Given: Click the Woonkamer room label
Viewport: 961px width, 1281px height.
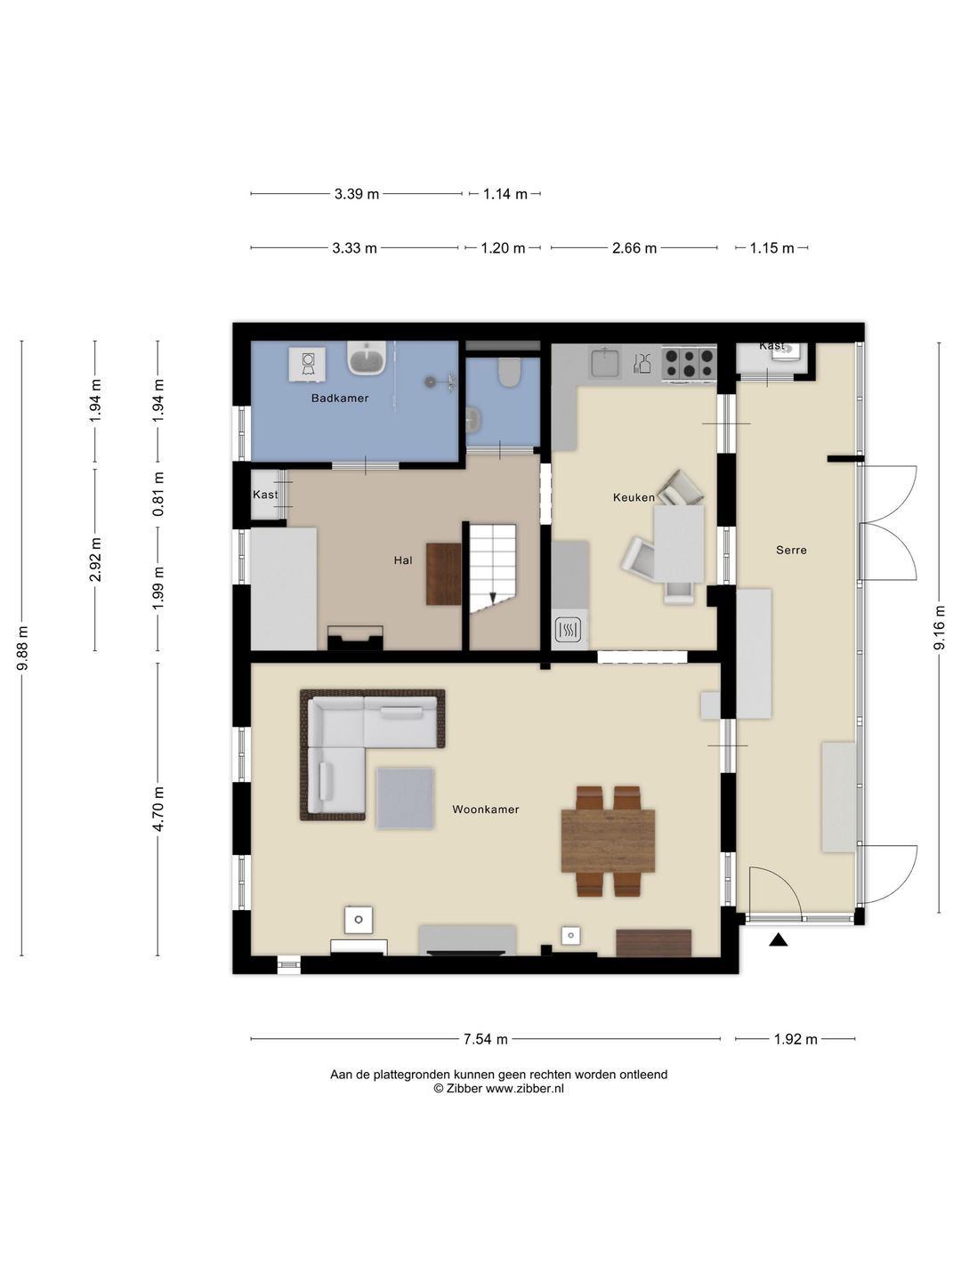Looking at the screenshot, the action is (x=486, y=810).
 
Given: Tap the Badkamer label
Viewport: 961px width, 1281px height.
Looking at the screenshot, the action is (x=340, y=398).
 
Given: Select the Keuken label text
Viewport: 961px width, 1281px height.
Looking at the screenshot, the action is (x=634, y=497).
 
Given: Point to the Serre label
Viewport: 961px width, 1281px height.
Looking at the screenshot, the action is (x=791, y=550).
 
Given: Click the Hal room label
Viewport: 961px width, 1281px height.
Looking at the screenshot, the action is (x=403, y=560).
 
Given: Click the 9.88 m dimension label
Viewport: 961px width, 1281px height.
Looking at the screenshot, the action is (x=22, y=649).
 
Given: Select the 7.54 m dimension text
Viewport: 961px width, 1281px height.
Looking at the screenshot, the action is (x=486, y=1039).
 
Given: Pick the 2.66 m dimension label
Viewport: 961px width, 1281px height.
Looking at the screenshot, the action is (x=634, y=248).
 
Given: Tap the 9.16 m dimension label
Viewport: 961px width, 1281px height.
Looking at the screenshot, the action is (x=939, y=627).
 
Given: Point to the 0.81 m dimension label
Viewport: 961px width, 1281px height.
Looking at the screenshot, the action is (x=158, y=495).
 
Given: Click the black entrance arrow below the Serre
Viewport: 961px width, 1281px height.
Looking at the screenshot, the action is (x=779, y=939).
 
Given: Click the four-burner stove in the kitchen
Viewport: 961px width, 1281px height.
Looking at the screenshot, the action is (x=689, y=363).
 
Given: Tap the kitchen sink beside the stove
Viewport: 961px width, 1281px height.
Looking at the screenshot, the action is (x=606, y=361).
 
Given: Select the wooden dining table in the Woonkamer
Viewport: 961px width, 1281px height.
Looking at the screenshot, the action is (x=608, y=841).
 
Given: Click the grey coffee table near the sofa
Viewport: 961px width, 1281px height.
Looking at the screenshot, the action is (x=405, y=798).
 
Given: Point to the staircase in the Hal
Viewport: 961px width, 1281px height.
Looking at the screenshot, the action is (x=493, y=568).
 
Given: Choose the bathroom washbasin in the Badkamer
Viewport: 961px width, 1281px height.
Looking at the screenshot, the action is (x=367, y=357).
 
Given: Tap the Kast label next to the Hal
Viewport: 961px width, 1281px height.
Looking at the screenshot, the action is (x=265, y=495).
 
